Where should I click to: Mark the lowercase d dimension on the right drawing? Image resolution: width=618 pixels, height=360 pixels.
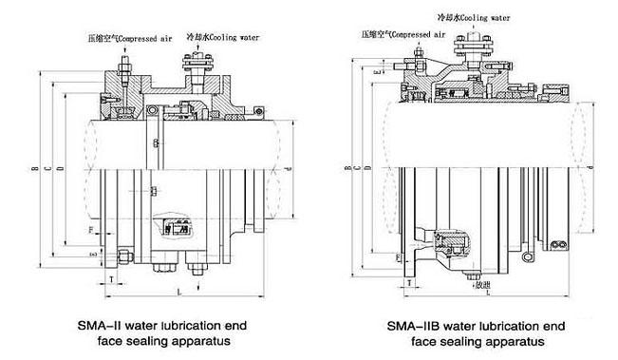pos(590,169)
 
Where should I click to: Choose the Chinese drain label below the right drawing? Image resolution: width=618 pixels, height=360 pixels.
pos(483,283)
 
